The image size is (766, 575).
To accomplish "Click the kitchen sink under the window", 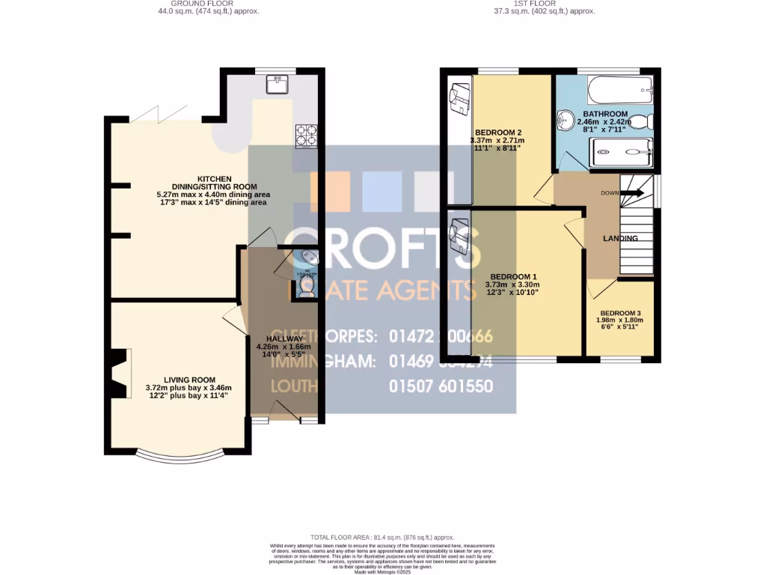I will point(277,83).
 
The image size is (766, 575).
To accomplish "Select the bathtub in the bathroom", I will point(619,91).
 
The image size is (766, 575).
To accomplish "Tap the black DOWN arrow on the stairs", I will point(632,192).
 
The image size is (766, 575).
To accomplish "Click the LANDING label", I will point(621,238).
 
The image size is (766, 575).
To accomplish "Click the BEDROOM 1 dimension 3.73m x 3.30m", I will point(512,285).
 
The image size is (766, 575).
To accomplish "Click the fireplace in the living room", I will point(117,373).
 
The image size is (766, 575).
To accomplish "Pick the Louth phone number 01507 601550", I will point(441,386).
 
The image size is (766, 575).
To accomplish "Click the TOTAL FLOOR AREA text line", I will point(382,538).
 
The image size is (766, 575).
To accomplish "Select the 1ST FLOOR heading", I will point(535,4).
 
